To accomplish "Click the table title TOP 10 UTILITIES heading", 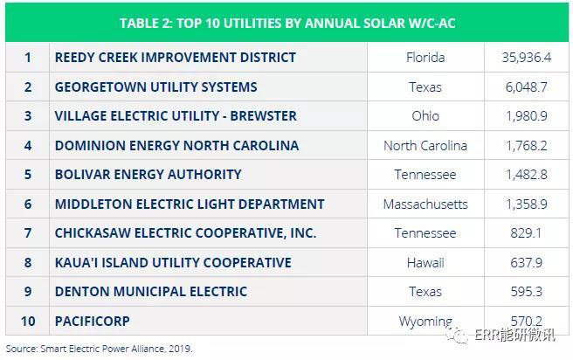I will (286, 23).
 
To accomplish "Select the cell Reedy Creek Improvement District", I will (175, 58).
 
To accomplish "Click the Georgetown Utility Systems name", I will (155, 87).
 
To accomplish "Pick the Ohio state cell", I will (425, 116).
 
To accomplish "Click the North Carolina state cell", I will (425, 146).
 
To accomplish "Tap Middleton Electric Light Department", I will (190, 204).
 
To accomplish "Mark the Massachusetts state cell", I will (425, 204).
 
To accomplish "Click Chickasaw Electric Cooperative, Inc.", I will (185, 233).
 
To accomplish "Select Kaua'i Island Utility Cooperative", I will (173, 263).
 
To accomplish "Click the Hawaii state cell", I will (425, 263).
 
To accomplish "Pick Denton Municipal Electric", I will (150, 292).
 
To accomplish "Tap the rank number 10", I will (27, 322).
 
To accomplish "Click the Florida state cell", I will (425, 58).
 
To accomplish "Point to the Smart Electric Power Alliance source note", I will (98, 349).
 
